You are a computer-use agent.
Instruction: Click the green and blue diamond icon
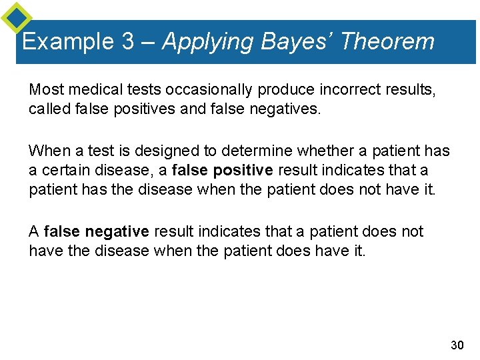(16, 17)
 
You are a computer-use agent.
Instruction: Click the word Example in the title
(68, 42)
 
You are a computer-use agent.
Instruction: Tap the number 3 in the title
(129, 42)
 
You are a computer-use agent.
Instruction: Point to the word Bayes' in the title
(295, 41)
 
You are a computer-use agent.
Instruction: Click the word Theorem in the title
(387, 41)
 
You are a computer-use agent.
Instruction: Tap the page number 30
(457, 345)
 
